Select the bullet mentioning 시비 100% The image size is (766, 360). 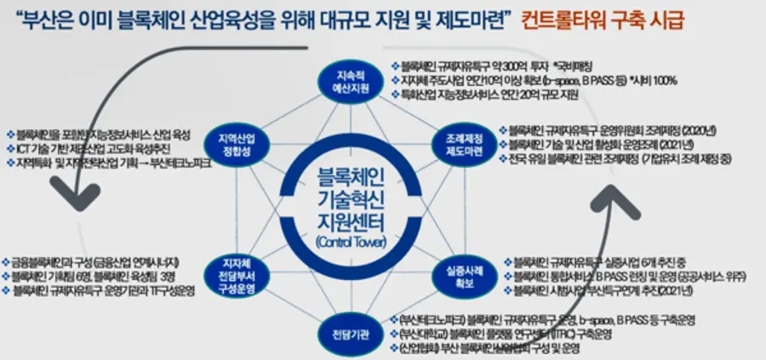click(536, 79)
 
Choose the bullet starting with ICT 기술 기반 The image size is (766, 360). click(98, 147)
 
